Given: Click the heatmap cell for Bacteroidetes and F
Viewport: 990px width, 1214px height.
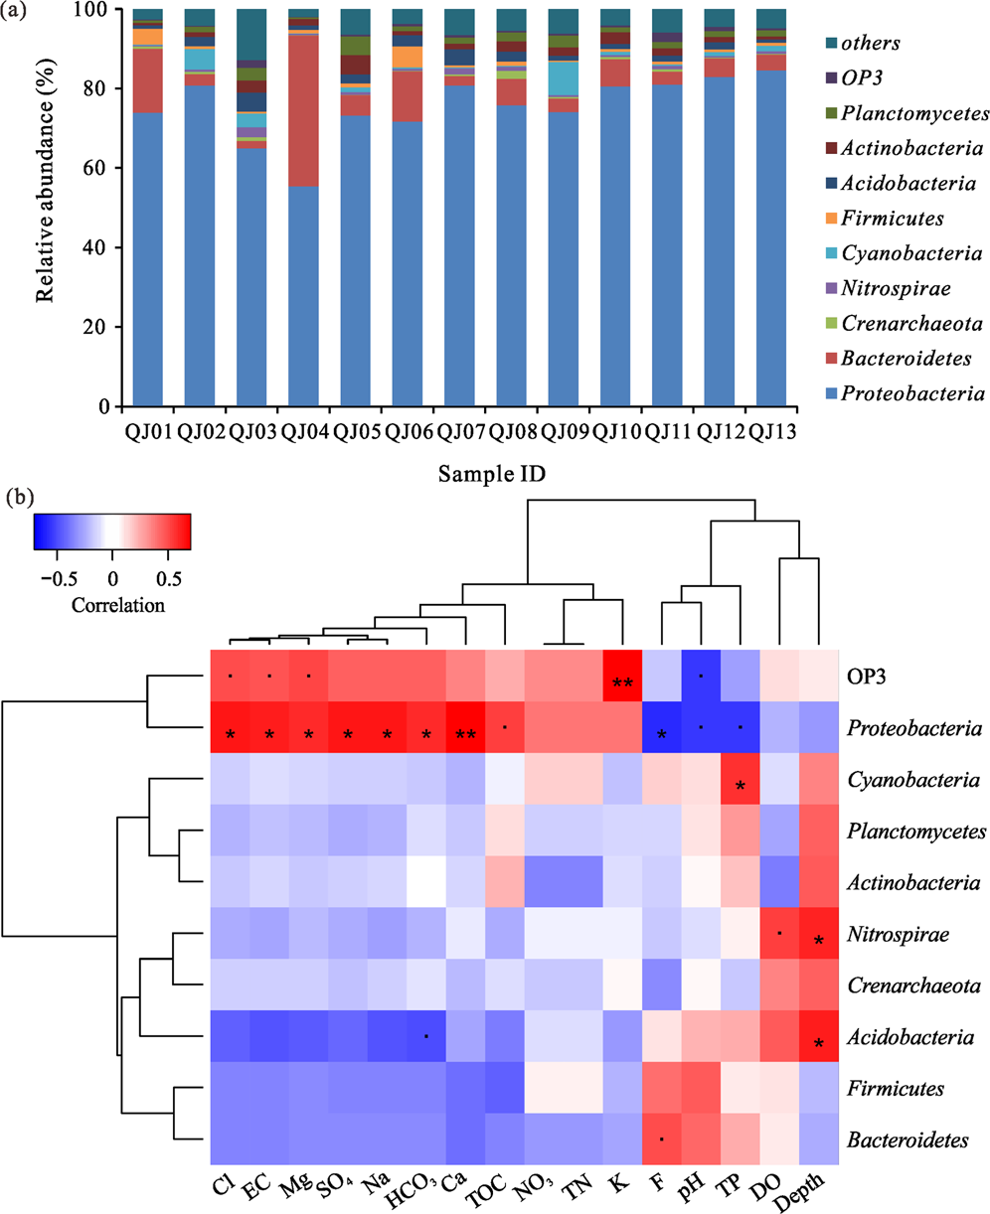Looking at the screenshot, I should (662, 1138).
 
